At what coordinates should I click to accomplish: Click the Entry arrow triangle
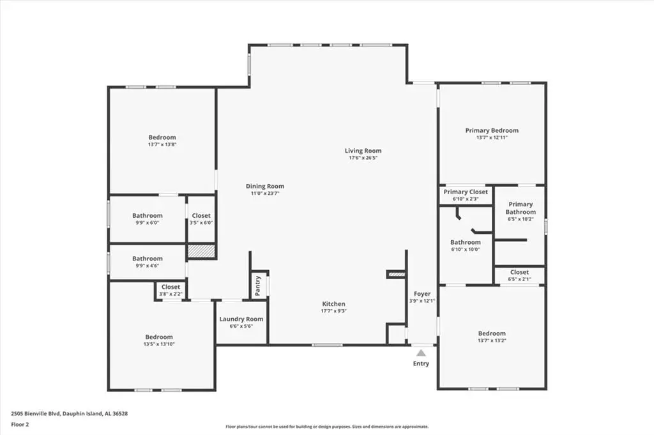[x=422, y=353]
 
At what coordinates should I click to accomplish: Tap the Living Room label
[x=363, y=151]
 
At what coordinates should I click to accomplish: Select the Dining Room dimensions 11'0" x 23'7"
[x=265, y=194]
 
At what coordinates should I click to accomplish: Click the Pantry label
[x=258, y=286]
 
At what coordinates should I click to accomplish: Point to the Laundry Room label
[x=241, y=319]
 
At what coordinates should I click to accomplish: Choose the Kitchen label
[x=333, y=303]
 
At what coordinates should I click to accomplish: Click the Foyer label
[x=422, y=294]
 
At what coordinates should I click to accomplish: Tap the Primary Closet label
[x=466, y=192]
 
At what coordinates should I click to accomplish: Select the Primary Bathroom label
[x=521, y=208]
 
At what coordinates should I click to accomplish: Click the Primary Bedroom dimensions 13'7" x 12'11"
[x=492, y=137]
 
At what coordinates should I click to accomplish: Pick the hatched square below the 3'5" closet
[x=201, y=250]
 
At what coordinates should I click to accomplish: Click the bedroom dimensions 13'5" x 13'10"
[x=159, y=344]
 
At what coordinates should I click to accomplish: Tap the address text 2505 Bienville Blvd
[x=36, y=414]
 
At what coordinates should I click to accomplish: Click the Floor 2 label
[x=20, y=425]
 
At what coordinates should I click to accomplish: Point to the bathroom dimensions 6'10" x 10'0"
[x=466, y=249]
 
